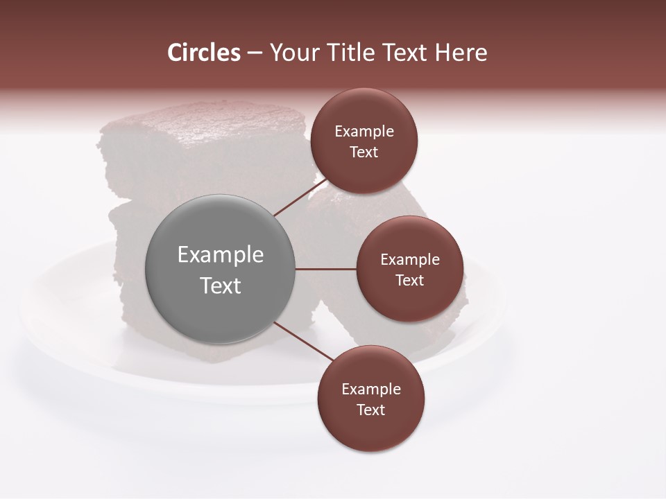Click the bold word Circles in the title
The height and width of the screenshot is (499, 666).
click(x=203, y=53)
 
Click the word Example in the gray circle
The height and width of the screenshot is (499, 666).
click(x=221, y=255)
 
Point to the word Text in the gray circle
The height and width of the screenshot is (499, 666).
click(x=221, y=286)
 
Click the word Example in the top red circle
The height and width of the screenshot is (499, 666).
click(x=364, y=132)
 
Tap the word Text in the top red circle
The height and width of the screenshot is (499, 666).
click(x=364, y=152)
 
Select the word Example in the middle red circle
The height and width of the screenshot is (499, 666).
click(x=409, y=260)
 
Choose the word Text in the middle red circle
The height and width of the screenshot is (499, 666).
click(x=409, y=281)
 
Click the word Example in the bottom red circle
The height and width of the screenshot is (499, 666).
click(x=371, y=389)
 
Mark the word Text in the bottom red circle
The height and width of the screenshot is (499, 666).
click(x=371, y=410)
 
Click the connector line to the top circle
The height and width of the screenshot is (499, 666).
click(x=300, y=197)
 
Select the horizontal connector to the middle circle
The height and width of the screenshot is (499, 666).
click(x=326, y=269)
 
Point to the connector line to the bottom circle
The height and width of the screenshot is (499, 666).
click(x=303, y=342)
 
